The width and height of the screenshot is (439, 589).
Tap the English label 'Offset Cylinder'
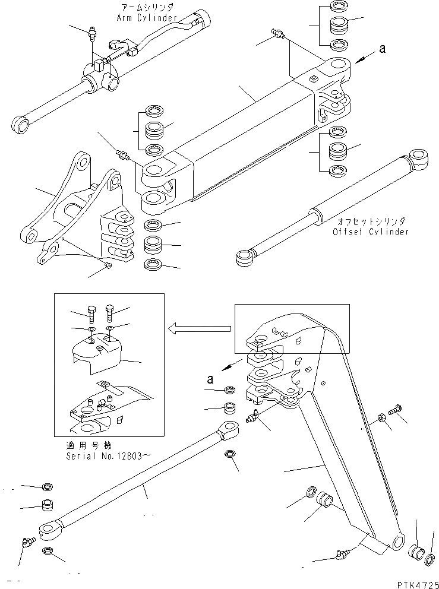point(371,232)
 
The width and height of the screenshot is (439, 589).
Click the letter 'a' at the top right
point(382,50)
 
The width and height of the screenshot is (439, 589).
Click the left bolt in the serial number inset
point(91,312)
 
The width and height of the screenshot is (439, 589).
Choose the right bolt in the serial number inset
point(110,311)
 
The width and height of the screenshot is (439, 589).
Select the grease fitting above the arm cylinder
point(92,34)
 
